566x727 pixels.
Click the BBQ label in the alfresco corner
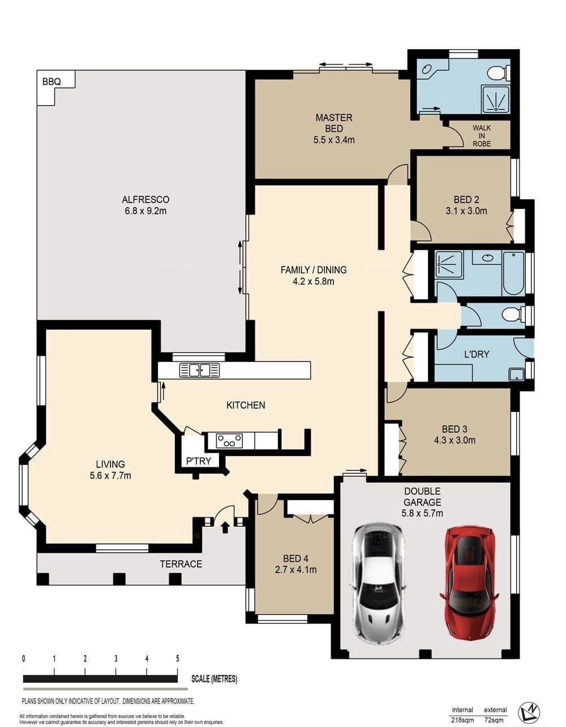tap(52, 81)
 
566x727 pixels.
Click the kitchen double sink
tap(199, 370)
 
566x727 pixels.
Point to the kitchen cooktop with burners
tap(229, 441)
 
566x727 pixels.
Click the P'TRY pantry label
tap(199, 461)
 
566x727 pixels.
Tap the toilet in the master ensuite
tap(499, 73)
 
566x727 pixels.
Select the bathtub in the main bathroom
tap(513, 273)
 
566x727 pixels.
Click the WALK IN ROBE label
tap(482, 135)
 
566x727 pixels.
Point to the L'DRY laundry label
tap(477, 354)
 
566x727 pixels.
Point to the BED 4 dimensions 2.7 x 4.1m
tap(295, 569)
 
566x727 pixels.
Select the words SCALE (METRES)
tap(214, 678)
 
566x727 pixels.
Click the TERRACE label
tap(181, 564)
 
